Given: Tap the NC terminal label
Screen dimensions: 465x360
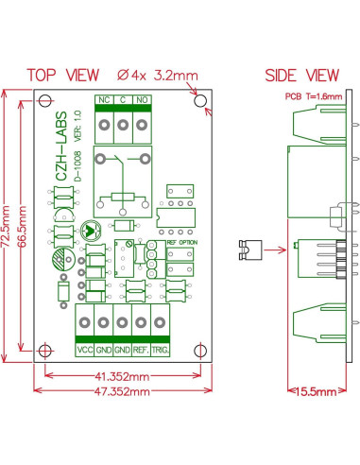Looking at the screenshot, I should tap(103, 99).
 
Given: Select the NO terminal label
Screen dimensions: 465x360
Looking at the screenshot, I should tap(143, 99).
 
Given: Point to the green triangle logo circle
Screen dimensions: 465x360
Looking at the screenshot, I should tap(89, 230).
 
